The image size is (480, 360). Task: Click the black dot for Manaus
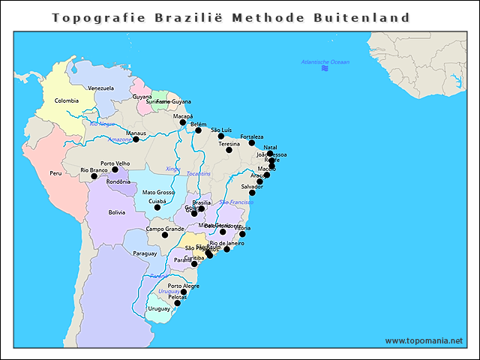[136, 139]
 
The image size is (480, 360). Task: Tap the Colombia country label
[67, 100]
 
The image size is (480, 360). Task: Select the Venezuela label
[101, 88]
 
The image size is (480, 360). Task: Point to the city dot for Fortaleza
[252, 142]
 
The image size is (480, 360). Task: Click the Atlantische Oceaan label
[325, 61]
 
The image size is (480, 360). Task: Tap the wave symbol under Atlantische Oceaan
[325, 69]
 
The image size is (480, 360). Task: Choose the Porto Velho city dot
[115, 169]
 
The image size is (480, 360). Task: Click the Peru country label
[55, 173]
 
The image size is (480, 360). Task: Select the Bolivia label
[117, 212]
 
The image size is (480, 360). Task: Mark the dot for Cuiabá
[157, 207]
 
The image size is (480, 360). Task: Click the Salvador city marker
[252, 193]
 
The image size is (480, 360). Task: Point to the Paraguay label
[145, 253]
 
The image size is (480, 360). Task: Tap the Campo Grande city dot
[166, 235]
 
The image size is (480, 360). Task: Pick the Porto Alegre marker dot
[184, 292]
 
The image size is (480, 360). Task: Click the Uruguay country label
[159, 308]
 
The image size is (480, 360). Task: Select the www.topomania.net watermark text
[424, 340]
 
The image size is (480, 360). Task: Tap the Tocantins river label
[199, 174]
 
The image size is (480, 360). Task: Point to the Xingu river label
[172, 169]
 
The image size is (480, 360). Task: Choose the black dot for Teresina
[229, 150]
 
